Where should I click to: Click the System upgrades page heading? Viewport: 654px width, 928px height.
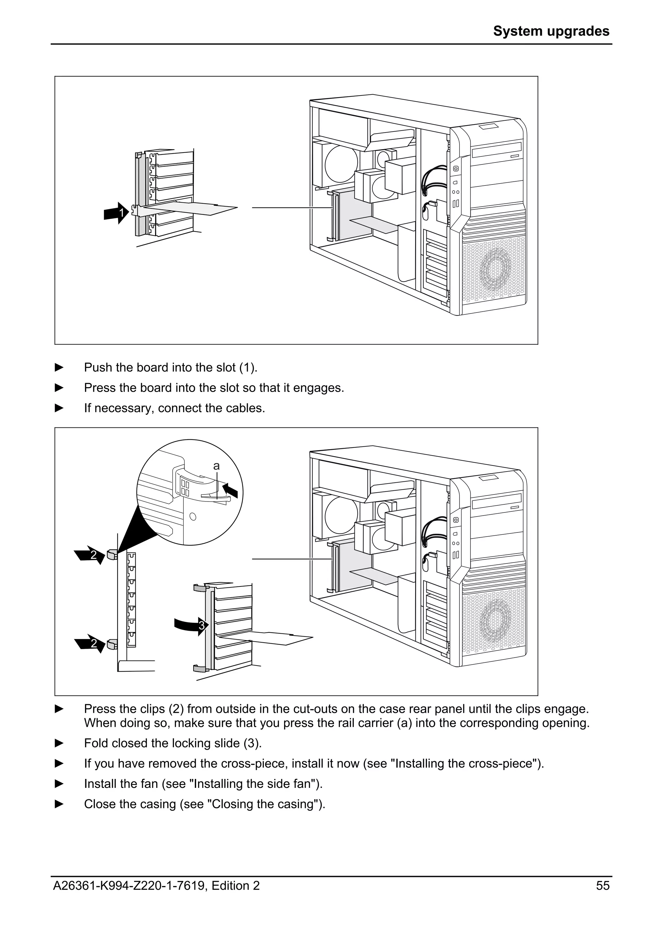point(551,31)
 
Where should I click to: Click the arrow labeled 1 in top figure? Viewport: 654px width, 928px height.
point(116,213)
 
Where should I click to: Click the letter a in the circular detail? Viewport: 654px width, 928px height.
point(217,466)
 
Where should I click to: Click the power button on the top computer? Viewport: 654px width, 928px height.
point(456,168)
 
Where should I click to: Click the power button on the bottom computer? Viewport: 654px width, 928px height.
point(456,519)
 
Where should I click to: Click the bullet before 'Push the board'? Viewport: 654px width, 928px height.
point(59,367)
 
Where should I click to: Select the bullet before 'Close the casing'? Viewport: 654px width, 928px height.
point(59,804)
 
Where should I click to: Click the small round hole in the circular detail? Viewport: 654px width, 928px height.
point(193,516)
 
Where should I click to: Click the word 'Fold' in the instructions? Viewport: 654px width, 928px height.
point(96,743)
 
